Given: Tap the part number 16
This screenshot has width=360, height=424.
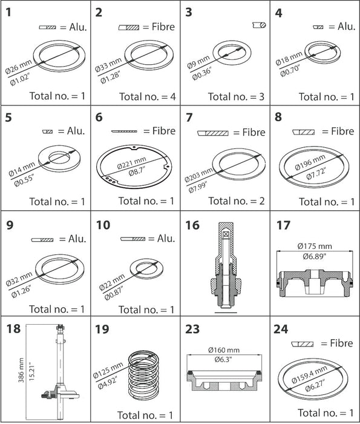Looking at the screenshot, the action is point(192,225).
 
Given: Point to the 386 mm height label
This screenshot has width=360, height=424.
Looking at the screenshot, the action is point(21,370).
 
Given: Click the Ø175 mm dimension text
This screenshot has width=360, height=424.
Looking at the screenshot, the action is point(315,246).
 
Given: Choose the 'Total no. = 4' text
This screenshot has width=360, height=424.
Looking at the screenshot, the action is point(148,96).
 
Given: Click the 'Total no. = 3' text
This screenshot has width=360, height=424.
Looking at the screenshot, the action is point(236,96).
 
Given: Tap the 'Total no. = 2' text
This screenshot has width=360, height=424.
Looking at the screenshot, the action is point(237,201).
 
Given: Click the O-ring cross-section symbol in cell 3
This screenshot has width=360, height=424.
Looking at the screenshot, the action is point(260,25).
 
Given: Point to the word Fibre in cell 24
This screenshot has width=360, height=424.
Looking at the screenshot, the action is point(341,343).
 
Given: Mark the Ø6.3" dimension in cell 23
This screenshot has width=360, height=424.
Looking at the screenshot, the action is point(224,360).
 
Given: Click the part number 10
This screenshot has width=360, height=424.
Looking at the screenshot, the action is point(103,225).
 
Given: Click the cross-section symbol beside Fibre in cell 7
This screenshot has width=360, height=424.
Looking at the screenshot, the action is point(213,133).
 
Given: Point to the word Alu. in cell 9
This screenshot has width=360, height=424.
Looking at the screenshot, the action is point(77,239).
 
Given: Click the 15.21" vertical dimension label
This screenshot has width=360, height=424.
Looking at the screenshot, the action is point(32,371).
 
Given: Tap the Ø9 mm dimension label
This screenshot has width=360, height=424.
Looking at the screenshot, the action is point(198,62).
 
